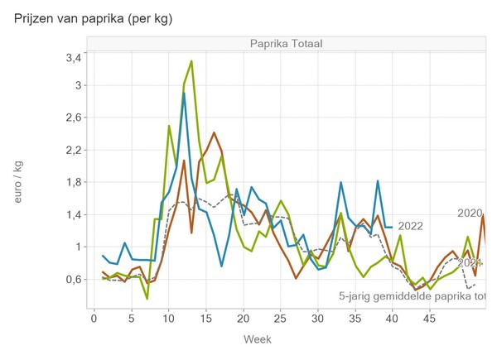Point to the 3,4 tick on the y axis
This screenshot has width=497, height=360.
coord(73,57)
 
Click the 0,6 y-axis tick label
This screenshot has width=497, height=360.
coord(73,279)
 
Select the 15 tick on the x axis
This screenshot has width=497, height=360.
coord(205,318)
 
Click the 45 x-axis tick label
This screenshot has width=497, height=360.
coord(430,318)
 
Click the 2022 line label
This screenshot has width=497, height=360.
coord(411,226)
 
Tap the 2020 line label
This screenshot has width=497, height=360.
coord(470,214)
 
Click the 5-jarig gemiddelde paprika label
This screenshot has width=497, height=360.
coord(411,295)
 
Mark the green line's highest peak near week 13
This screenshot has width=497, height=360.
coord(191,61)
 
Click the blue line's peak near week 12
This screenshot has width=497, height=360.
coord(184,94)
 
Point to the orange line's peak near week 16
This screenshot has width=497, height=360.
coord(214,132)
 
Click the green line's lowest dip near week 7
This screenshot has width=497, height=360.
coord(147,298)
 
